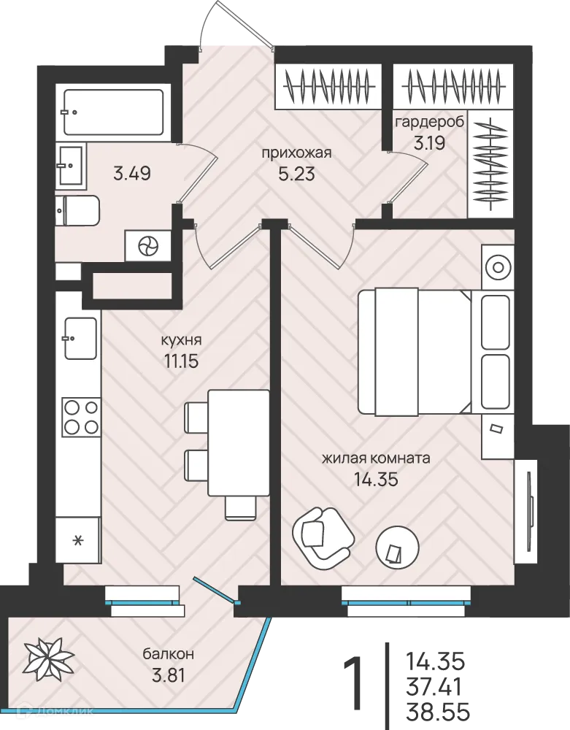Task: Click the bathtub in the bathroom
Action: click(114, 112)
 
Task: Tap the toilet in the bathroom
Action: click(77, 210)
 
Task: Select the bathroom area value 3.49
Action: click(131, 174)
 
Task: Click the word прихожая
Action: click(296, 153)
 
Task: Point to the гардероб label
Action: click(429, 123)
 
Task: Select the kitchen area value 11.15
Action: click(182, 361)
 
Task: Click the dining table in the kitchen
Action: click(239, 443)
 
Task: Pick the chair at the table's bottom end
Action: click(241, 508)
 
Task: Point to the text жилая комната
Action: click(376, 458)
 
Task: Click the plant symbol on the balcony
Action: click(48, 658)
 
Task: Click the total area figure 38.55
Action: click(438, 712)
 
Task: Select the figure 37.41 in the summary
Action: click(434, 686)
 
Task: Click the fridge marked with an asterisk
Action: click(78, 539)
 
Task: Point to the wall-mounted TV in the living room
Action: click(530, 511)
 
